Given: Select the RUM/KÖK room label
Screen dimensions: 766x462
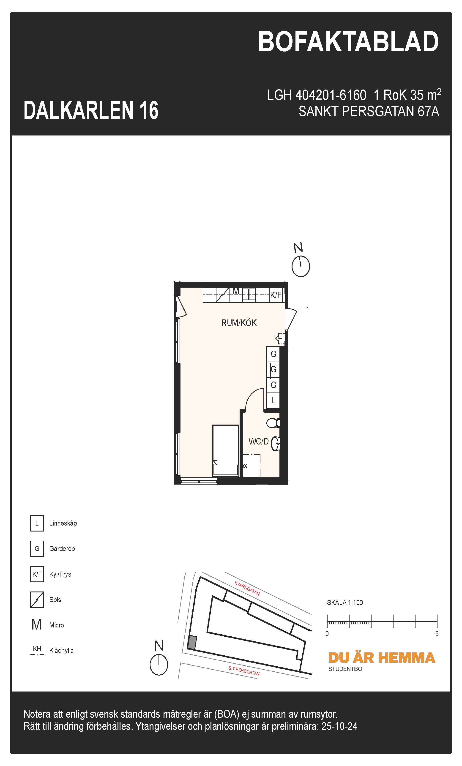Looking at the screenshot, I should [239, 323].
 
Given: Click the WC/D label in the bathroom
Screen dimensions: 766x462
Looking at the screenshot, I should [258, 442].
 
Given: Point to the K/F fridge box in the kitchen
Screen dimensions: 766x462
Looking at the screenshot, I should [276, 295].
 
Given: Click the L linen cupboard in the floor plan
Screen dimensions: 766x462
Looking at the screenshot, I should [273, 401].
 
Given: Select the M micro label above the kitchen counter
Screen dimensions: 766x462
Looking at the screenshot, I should [236, 291].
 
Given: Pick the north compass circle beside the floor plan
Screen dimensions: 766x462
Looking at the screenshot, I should [301, 266].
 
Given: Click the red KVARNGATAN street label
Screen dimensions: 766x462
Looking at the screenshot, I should [247, 588].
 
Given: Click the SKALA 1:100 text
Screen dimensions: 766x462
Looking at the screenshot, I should [345, 602].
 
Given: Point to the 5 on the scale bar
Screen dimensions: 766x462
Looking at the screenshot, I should [437, 634].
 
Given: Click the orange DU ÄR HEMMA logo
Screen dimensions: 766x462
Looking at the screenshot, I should [381, 658].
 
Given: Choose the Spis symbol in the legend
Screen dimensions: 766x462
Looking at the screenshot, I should [37, 600].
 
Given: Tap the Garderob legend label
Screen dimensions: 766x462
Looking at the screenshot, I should [62, 549].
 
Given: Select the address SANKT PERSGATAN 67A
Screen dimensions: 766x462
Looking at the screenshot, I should [369, 111].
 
